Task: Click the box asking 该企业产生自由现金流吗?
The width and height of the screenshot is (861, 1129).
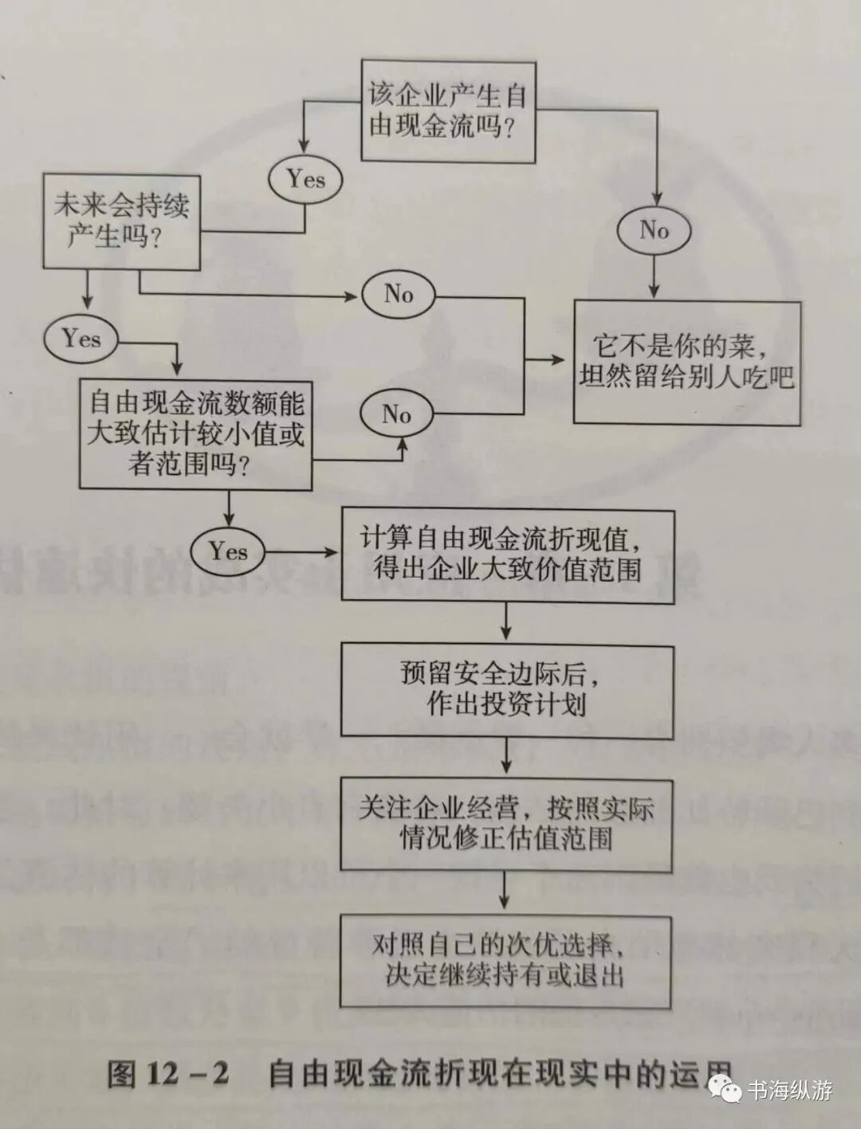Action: pos(448,111)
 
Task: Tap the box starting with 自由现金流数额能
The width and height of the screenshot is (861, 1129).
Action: pos(195,433)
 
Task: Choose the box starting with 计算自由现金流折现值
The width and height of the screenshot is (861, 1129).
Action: pos(507,555)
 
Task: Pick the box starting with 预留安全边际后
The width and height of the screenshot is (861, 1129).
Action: pos(507,691)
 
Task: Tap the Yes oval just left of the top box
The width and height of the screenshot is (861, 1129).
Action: pos(306,178)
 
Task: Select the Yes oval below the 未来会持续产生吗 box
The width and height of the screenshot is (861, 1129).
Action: pos(81,338)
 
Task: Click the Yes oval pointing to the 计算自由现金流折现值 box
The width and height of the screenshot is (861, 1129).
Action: pos(229,551)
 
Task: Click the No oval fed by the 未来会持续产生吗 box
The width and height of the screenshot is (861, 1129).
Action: pos(398,294)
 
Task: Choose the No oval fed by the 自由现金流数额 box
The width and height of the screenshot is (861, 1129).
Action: pos(396,414)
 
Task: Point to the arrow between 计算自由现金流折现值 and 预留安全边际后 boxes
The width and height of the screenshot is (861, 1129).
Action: pos(507,621)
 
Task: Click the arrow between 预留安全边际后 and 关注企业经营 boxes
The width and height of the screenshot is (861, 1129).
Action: pos(507,757)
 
